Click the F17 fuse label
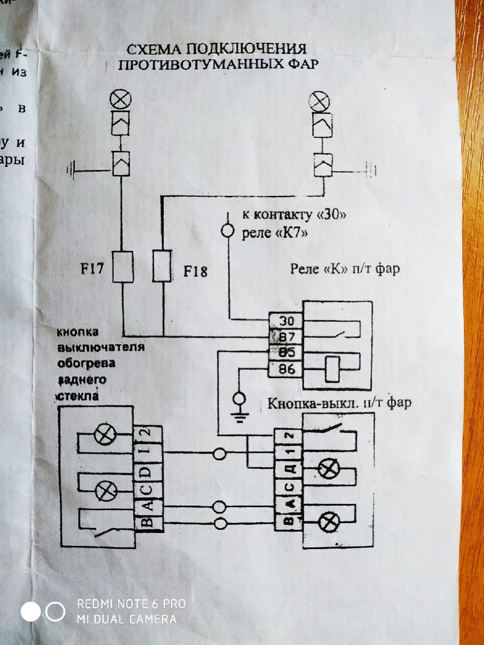coord(92,268)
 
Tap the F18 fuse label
coord(195,271)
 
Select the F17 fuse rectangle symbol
coord(123,266)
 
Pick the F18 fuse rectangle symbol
coord(162,266)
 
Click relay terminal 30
coord(286,321)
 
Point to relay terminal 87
coord(286,337)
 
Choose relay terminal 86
coord(286,368)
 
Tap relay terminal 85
coord(286,352)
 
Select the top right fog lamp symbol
coord(319,102)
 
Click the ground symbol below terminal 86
coord(240,408)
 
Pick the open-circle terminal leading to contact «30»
coord(227,231)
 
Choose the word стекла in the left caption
coord(77,395)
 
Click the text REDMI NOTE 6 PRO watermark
coord(131,604)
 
